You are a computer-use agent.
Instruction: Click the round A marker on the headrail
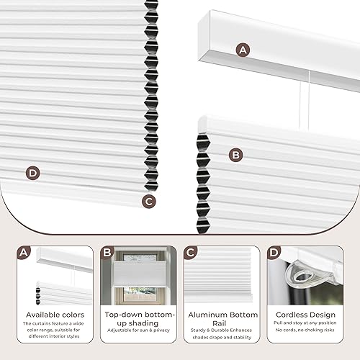(x=243, y=50)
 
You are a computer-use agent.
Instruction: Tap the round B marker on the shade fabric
(x=235, y=154)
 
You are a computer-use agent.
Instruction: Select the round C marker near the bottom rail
(x=148, y=202)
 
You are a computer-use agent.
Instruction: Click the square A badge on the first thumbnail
(x=24, y=253)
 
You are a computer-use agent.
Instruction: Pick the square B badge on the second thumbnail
(x=107, y=253)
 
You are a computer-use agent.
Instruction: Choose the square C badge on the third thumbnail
(x=191, y=253)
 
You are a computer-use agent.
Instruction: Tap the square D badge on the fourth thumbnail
(x=274, y=253)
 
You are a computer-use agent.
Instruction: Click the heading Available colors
(x=55, y=315)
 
